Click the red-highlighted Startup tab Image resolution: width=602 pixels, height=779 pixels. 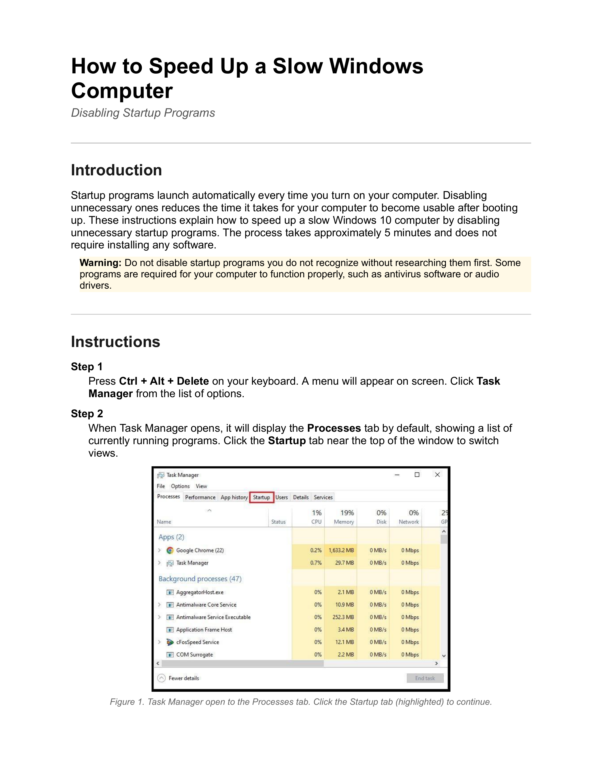coord(261,497)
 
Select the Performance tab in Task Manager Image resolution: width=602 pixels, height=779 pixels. coord(200,497)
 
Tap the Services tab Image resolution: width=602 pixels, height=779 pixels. coord(323,497)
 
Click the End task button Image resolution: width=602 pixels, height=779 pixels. coord(425,678)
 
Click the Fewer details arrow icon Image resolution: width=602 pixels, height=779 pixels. coord(161,678)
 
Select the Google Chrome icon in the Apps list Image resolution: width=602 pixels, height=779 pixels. coord(170,550)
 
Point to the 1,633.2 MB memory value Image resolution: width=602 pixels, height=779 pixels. coord(341,550)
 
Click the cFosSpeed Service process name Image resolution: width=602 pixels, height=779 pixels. coord(197,642)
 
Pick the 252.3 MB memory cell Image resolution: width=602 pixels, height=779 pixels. coord(343,617)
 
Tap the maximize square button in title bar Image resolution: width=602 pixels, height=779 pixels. coord(417,475)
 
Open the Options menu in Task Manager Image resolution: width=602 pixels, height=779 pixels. coord(180,486)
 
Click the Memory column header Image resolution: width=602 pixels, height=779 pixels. coord(344,522)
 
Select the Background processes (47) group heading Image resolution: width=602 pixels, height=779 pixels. coord(200,578)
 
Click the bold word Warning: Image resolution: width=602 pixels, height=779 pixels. coord(101,263)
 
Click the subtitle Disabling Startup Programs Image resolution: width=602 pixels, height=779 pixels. coord(143,113)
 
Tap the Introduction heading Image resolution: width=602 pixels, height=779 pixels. coord(116,170)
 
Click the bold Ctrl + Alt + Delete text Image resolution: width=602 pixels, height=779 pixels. coord(164,381)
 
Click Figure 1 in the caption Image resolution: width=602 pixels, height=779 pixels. coord(127,702)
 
